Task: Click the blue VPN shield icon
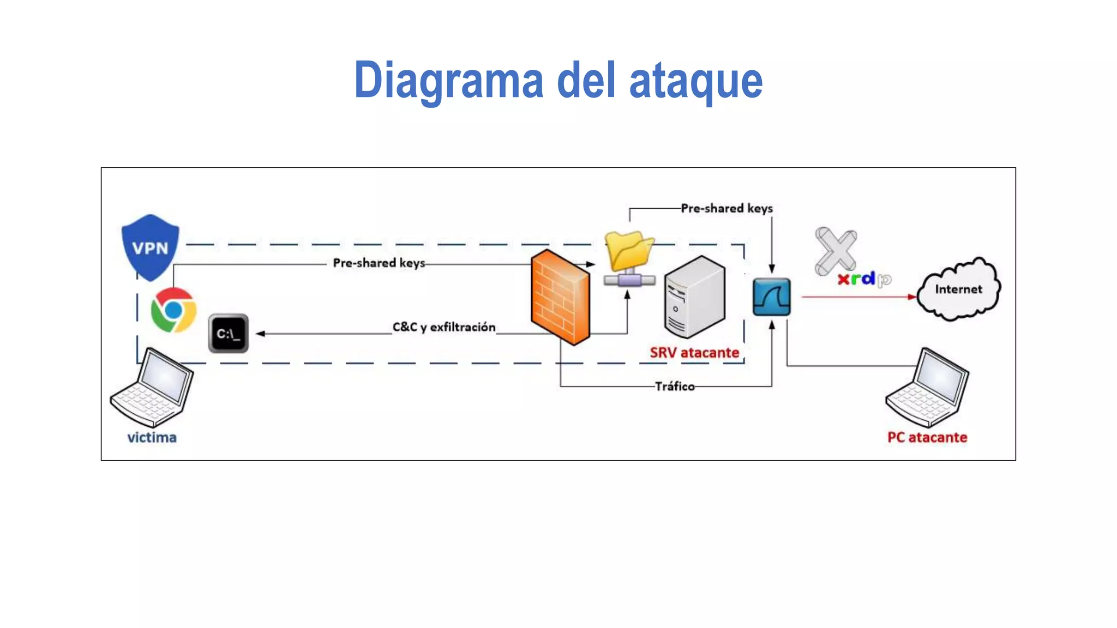point(150,247)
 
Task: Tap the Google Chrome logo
point(173,310)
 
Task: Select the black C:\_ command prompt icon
point(229,334)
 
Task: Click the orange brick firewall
point(560,297)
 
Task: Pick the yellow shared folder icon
point(629,252)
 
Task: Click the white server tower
point(694,297)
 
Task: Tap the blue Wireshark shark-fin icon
point(771,297)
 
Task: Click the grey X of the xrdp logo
point(835,251)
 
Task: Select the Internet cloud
point(958,289)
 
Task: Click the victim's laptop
point(152,388)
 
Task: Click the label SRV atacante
point(694,353)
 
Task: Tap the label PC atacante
point(927,437)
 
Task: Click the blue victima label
point(152,437)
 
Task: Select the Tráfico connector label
point(675,387)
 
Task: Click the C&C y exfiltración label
point(443,327)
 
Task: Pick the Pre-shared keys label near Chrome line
point(379,263)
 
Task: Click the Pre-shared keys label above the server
point(726,208)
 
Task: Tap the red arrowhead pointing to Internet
point(911,297)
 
